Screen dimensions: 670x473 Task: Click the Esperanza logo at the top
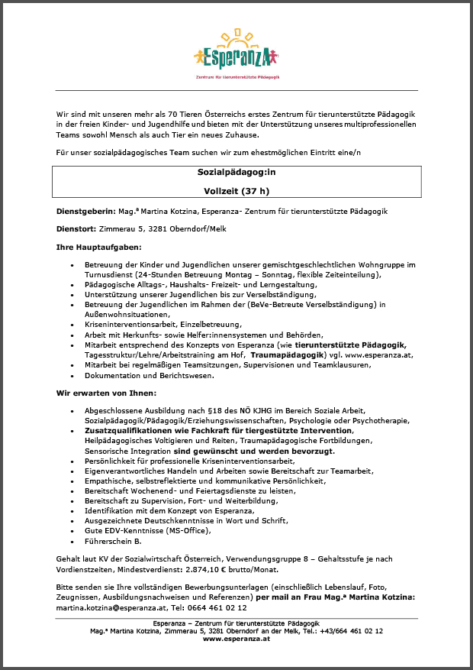[236, 53]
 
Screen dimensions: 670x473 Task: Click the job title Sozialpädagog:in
[236, 173]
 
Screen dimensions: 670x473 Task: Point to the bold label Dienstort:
[76, 228]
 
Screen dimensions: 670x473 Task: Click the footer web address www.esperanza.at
[236, 639]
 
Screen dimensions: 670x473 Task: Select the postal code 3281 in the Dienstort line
[145, 228]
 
